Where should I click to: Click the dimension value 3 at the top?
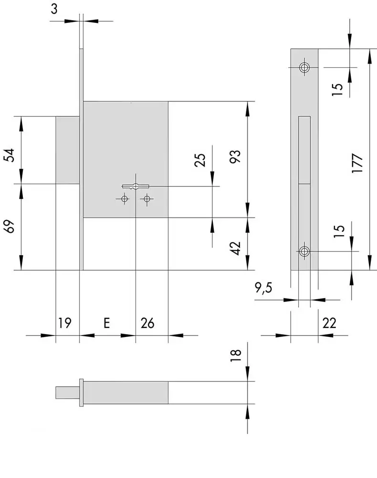[x=54, y=9]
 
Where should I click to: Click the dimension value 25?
[x=200, y=160]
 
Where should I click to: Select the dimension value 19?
[x=65, y=323]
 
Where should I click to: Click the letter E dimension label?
[x=107, y=323]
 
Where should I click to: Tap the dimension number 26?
[x=147, y=323]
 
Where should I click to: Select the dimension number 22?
[x=329, y=323]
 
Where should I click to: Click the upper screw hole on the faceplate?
[x=304, y=68]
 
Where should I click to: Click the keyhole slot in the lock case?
[x=136, y=186]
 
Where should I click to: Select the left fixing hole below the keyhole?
[x=125, y=198]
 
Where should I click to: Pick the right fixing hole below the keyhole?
[x=147, y=198]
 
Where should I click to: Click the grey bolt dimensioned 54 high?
[x=67, y=149]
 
